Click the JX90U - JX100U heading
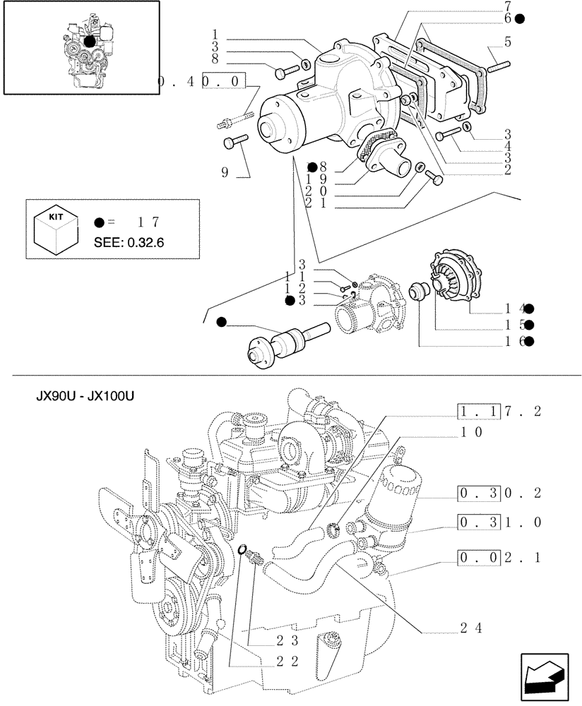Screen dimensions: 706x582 [85, 396]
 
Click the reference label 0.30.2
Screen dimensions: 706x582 [499, 493]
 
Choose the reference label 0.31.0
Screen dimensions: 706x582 [499, 523]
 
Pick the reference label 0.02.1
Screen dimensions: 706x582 [499, 558]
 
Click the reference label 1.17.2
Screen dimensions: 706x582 [499, 412]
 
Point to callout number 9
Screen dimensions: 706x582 [225, 172]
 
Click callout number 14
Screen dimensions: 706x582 [513, 309]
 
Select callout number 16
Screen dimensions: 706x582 [513, 342]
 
